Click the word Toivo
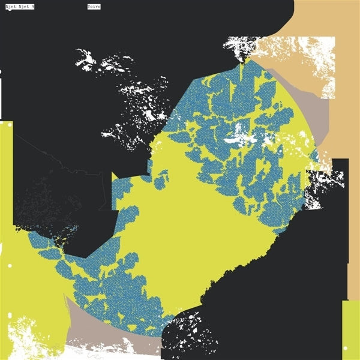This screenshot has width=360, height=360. click(94, 6)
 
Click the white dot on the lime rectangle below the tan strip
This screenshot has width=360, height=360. click(345, 348)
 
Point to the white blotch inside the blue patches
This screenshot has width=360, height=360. click(240, 137)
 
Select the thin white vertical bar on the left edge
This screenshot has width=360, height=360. click(1, 96)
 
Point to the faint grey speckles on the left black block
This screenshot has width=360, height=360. click(39, 204)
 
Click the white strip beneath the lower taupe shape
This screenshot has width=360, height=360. click(102, 351)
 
